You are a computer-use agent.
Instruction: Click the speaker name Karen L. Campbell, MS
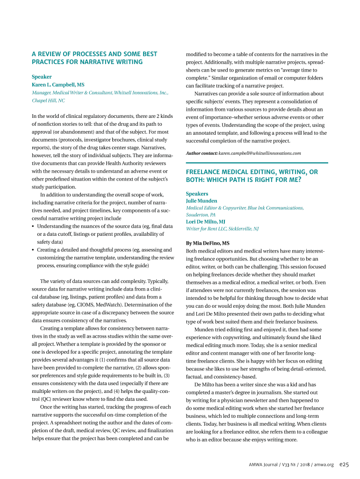tap(58, 85)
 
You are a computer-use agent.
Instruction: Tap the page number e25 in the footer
tap(345, 464)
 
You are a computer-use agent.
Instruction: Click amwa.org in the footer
tap(324, 464)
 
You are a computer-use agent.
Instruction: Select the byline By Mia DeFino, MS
tap(208, 243)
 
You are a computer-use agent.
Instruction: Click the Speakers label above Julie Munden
tap(197, 194)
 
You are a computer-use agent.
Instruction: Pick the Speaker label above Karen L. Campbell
tap(42, 77)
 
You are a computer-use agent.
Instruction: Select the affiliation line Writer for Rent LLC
tap(208, 229)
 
